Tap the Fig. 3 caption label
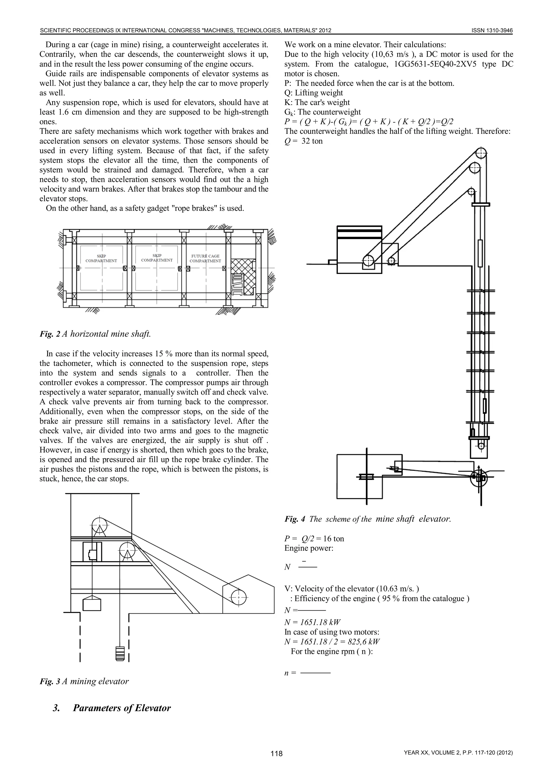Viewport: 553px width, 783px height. click(50, 681)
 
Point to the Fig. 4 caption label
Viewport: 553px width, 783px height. click(295, 519)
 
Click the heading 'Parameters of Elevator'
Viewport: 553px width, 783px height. click(122, 708)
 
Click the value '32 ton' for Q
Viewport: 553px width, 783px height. click(312, 141)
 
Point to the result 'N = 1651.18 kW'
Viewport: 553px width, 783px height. click(312, 622)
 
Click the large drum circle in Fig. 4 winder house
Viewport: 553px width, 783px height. click(368, 261)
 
